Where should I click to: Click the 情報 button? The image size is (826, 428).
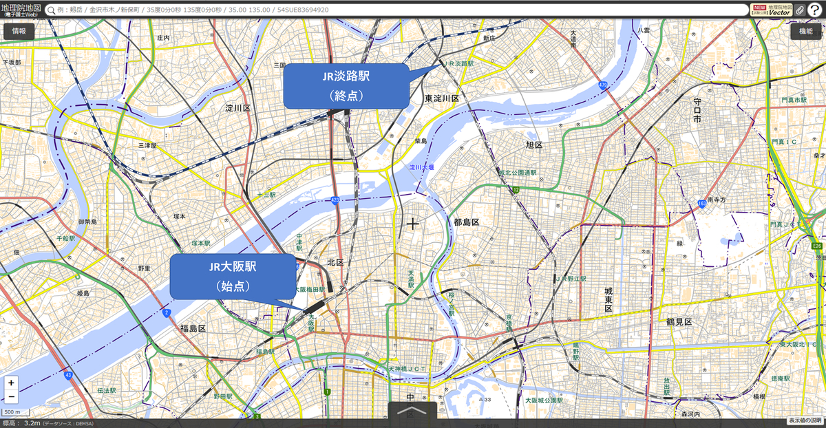(19, 31)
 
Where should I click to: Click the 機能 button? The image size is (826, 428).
(806, 31)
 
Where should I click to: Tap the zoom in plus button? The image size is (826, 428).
(11, 383)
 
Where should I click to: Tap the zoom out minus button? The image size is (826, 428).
(11, 396)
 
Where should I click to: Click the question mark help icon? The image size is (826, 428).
(814, 10)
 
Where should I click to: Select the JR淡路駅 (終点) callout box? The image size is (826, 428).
(346, 86)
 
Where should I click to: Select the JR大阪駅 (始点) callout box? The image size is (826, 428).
(233, 276)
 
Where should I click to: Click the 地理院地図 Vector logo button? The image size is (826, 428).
(771, 10)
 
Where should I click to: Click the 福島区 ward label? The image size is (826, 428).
(193, 328)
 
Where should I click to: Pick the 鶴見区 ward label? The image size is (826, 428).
(678, 322)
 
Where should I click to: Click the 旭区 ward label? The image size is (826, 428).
(533, 145)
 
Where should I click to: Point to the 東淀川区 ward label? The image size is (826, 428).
(442, 98)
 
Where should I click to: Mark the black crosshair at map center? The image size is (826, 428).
(412, 224)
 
